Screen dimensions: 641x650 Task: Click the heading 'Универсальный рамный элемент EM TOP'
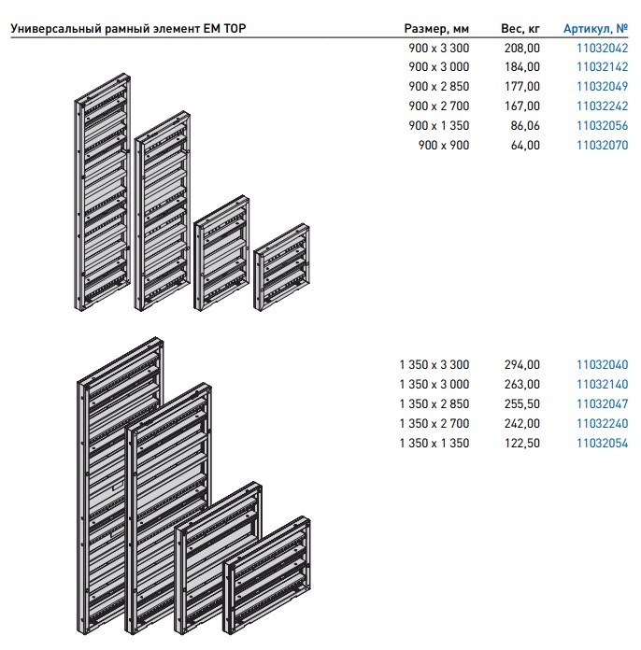(128, 29)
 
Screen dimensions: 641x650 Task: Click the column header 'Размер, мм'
(436, 29)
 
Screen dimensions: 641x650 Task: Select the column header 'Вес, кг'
(520, 29)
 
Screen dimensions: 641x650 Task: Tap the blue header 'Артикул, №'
(595, 29)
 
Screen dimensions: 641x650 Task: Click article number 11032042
(602, 48)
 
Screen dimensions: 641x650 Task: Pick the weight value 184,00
(522, 66)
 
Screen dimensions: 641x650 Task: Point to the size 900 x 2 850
(438, 86)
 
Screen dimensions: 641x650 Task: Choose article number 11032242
(602, 106)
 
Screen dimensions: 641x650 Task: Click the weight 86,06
(525, 125)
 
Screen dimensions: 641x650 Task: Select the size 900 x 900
(444, 145)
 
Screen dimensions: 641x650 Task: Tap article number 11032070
(602, 145)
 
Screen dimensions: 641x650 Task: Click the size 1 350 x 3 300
(434, 365)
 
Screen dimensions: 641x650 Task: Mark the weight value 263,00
(522, 384)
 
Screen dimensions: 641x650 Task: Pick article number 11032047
(602, 403)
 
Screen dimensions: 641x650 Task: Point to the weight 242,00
(522, 423)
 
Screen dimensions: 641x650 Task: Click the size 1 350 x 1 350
(434, 444)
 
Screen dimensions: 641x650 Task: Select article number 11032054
(602, 444)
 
